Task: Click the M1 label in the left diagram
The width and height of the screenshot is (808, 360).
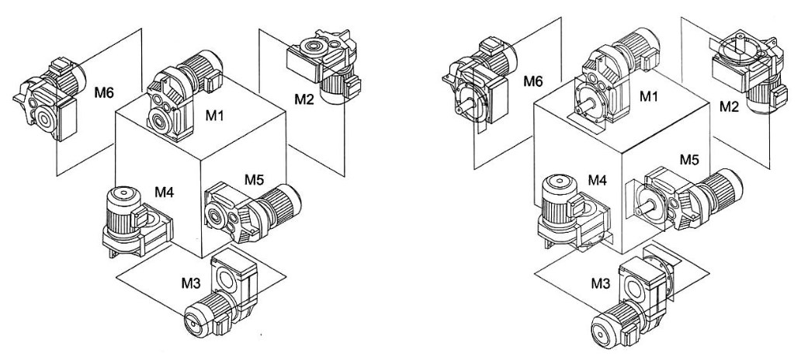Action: [215, 116]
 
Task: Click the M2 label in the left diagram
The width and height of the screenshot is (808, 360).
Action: [304, 99]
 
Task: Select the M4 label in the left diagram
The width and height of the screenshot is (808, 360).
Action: [165, 192]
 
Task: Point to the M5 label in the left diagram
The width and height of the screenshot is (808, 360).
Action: [254, 180]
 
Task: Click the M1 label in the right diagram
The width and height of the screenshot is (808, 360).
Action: [650, 95]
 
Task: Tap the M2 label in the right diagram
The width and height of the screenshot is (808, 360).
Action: [730, 106]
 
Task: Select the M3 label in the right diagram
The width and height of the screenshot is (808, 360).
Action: [600, 283]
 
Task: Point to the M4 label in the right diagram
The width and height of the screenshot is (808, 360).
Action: [598, 180]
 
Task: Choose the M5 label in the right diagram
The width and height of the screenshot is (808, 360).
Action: [689, 160]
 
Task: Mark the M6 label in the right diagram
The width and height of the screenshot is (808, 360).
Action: [532, 81]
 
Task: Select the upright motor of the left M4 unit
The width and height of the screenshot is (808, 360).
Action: [121, 210]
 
